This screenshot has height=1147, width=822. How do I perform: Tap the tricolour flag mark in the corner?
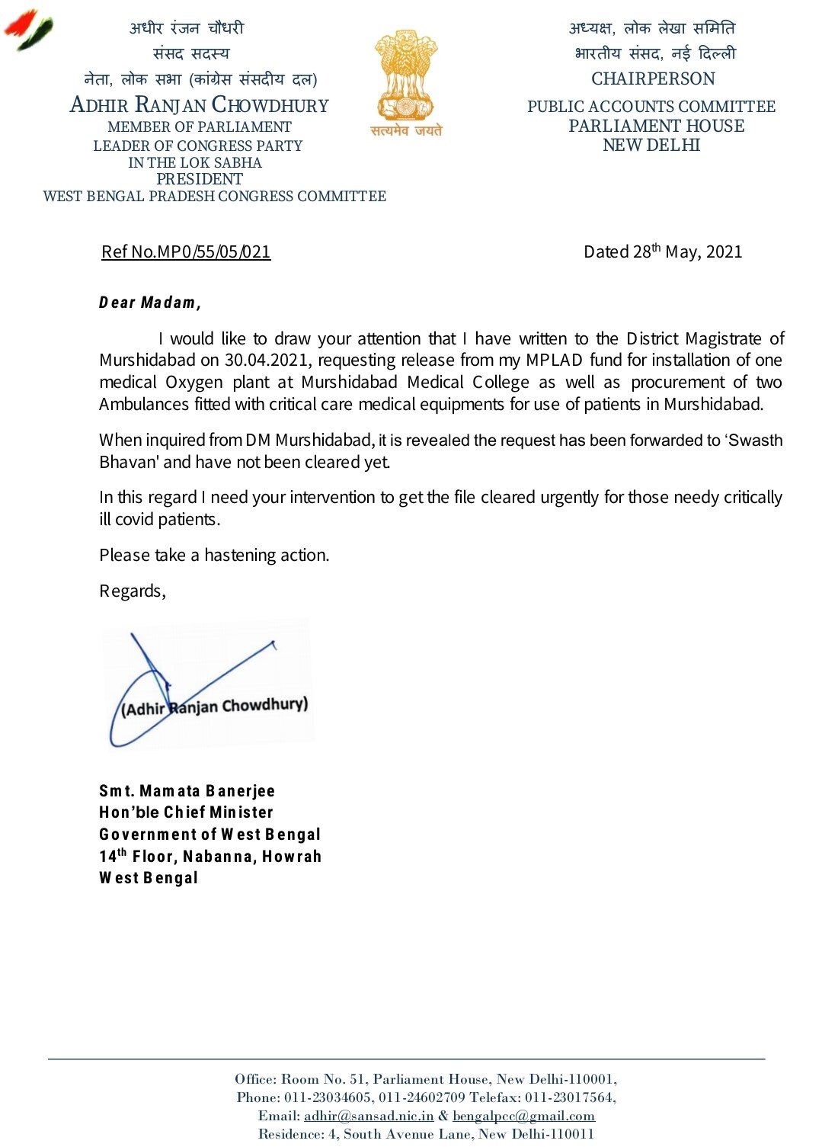tap(29, 29)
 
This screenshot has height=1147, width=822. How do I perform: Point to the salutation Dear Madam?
tap(149, 303)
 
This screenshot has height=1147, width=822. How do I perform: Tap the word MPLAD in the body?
tap(554, 360)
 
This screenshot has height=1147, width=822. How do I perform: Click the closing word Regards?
tap(132, 591)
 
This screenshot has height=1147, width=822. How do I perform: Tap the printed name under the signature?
tap(215, 706)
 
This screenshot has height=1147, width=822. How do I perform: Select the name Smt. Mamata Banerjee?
tap(187, 791)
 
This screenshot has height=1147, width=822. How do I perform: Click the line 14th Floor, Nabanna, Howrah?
tap(209, 857)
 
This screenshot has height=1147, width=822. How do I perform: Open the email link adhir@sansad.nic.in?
tap(369, 1117)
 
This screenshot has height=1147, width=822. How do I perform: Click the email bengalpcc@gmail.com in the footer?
tap(523, 1117)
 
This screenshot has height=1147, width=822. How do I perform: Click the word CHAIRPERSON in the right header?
tap(653, 79)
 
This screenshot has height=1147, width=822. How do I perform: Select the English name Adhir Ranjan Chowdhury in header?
tap(199, 105)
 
